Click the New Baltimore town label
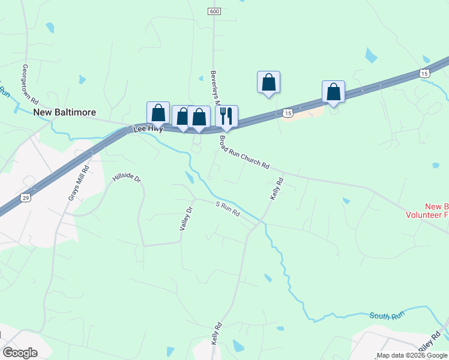(x=64, y=112)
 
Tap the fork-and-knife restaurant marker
(x=226, y=116)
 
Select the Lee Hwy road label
(x=148, y=128)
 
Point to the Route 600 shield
(x=215, y=11)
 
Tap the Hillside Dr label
(x=126, y=179)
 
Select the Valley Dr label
(x=185, y=218)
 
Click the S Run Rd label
(x=228, y=209)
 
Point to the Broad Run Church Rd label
(x=244, y=152)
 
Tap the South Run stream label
(x=387, y=315)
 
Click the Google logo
(x=20, y=353)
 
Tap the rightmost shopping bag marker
(x=333, y=92)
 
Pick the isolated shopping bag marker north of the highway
(x=268, y=82)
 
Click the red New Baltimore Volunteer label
(x=427, y=210)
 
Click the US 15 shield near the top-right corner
(x=424, y=73)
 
